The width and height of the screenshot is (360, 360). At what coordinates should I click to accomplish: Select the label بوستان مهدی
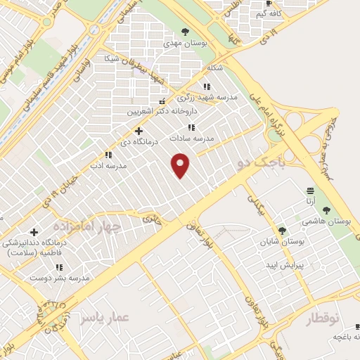(186, 43)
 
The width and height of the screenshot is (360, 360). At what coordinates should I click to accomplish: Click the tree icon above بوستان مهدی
(186, 31)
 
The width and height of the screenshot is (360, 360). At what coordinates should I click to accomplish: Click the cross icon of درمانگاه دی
(139, 131)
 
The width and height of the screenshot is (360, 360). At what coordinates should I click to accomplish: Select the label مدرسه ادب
(111, 166)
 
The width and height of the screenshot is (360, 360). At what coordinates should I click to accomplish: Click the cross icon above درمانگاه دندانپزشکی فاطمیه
(34, 232)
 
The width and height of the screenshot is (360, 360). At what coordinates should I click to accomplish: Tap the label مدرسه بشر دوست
(60, 278)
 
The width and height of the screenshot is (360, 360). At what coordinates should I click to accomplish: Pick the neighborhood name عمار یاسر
(105, 318)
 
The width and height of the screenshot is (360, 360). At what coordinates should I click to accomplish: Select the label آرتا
(310, 202)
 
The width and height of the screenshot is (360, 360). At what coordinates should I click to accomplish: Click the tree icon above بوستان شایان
(283, 230)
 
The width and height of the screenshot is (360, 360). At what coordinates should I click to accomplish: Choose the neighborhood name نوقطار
(327, 319)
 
